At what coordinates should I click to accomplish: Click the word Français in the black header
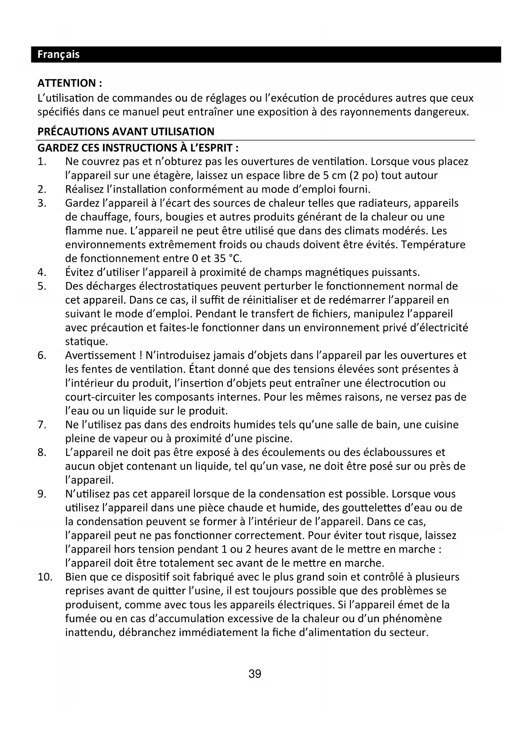58,55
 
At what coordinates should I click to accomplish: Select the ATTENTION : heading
70,83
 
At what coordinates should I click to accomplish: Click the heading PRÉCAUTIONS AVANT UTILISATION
126,132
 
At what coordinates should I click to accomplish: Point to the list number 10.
45,577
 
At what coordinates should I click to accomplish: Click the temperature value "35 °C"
227,258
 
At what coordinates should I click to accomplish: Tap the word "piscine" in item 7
274,438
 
